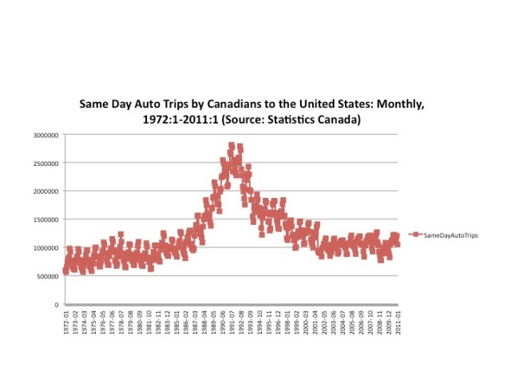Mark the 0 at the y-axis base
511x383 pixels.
pos(57,305)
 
